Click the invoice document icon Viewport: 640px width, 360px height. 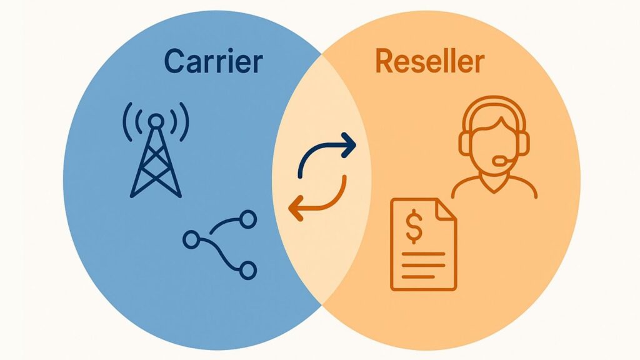pos(423,244)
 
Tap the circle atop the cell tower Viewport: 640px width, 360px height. pos(156,120)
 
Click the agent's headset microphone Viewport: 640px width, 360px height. pos(501,161)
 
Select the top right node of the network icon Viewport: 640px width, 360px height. pos(248,218)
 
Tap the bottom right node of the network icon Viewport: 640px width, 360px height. pos(248,270)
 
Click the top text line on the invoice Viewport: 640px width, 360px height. pos(423,254)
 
